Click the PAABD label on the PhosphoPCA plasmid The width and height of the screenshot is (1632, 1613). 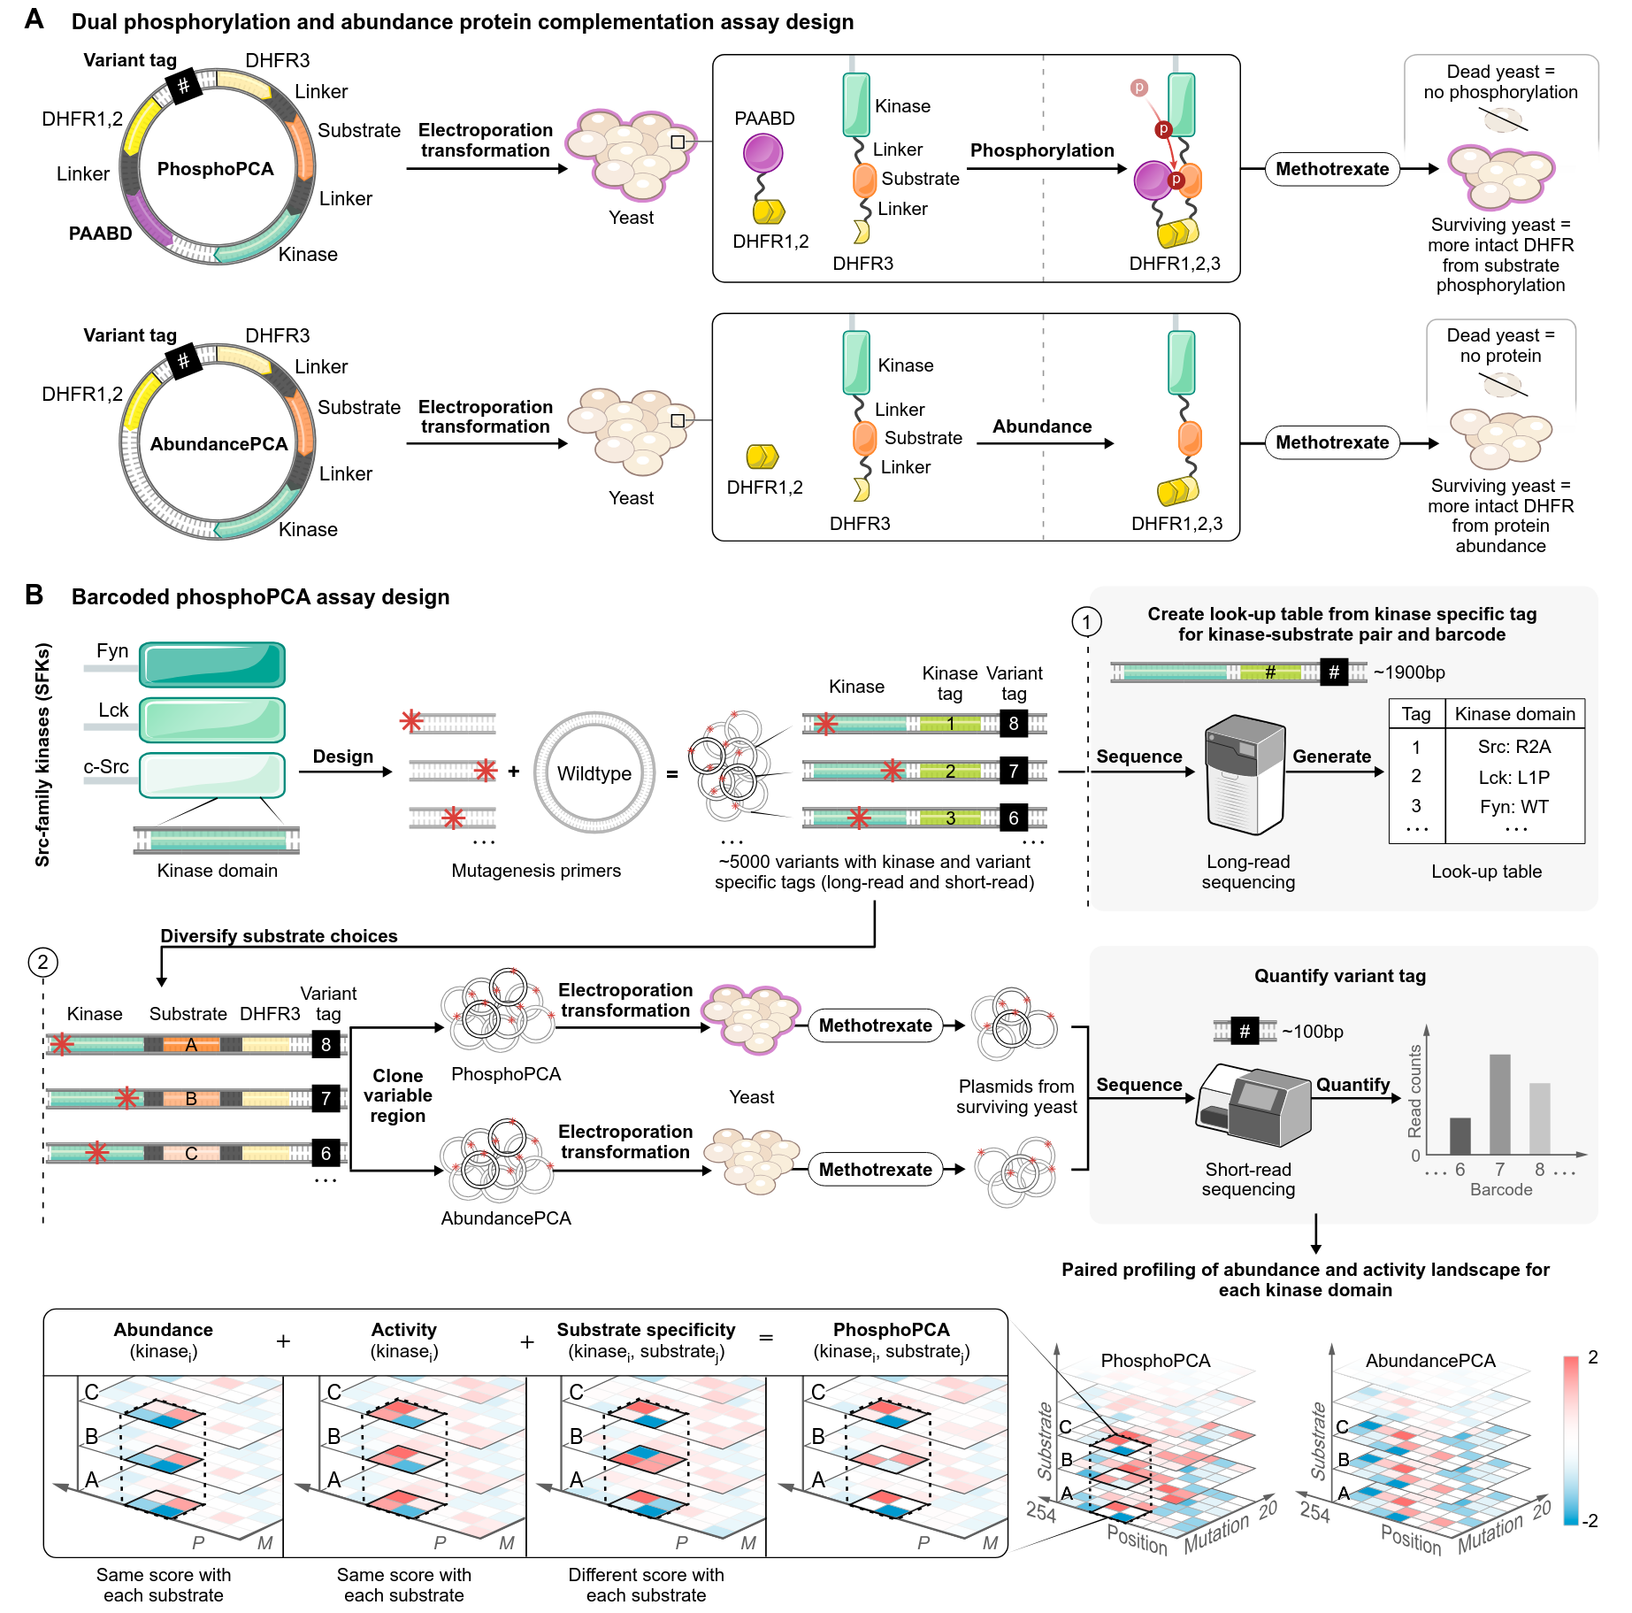coord(100,234)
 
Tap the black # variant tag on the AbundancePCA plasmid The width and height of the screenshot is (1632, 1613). coord(183,360)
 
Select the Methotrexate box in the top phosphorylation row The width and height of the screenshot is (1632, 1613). coord(1332,169)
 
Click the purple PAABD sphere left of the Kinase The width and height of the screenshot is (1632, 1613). coord(762,153)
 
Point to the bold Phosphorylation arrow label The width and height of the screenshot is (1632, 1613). coord(1042,150)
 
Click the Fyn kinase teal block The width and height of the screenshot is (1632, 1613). coord(212,664)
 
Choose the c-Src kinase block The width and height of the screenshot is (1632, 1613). coord(212,775)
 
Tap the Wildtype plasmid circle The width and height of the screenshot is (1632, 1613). coord(594,773)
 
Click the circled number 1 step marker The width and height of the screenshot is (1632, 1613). coord(1087,622)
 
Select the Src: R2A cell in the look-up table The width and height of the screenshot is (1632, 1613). coord(1513,747)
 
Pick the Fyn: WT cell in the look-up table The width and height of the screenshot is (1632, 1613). coord(1513,807)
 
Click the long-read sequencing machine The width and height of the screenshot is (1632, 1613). coord(1245,775)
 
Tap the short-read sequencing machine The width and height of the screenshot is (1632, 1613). coord(1252,1106)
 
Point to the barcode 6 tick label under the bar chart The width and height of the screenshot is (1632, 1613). coord(1460,1170)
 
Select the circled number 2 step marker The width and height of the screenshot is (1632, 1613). coord(42,962)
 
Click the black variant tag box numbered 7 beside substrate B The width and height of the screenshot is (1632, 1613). coord(326,1099)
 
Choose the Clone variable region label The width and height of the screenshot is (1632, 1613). coord(397,1095)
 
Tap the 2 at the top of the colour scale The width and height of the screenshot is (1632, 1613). coord(1592,1357)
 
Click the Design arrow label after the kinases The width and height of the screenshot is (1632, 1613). coord(342,757)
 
